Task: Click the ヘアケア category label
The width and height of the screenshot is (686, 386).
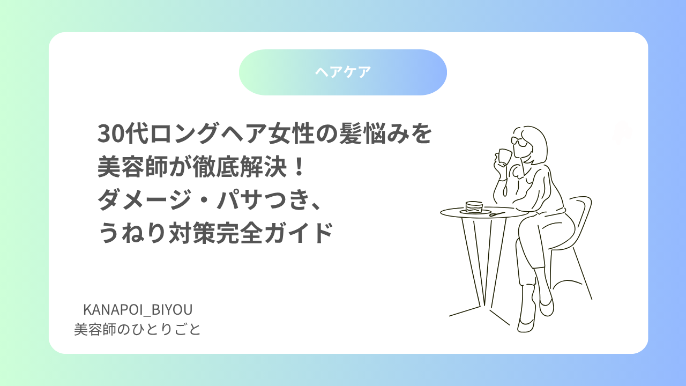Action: coord(343,72)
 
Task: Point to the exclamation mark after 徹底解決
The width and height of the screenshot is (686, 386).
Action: coord(297,167)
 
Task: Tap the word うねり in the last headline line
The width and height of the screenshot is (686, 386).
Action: coord(132,233)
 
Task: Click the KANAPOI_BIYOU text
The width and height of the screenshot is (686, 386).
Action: coord(138,310)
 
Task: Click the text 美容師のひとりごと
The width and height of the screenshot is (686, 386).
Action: coord(137,330)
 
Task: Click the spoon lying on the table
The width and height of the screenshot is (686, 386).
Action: coord(497,214)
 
